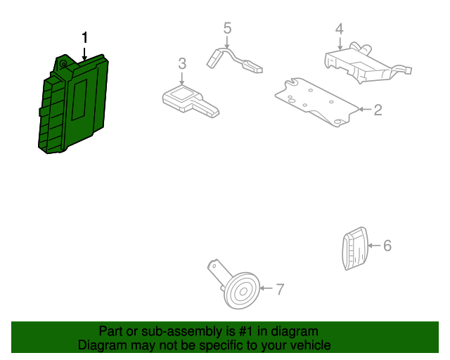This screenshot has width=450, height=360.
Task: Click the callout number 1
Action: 84,37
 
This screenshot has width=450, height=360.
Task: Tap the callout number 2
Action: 378,110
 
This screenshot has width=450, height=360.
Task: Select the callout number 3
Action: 182,63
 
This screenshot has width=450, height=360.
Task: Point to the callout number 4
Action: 339,29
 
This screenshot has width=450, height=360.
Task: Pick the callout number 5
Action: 227,28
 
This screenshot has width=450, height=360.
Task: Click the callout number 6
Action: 387,245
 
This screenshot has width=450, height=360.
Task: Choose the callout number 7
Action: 280,289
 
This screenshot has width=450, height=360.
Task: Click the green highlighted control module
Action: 73,103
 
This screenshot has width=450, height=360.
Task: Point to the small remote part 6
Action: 354,249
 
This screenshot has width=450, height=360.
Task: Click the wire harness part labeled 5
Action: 234,60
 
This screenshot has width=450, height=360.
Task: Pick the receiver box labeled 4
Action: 367,63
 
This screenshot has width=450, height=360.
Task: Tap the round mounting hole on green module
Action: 63,65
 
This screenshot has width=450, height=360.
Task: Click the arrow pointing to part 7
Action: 266,288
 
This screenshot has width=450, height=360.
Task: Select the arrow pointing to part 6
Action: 374,245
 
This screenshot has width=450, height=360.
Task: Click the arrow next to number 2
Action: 365,110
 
